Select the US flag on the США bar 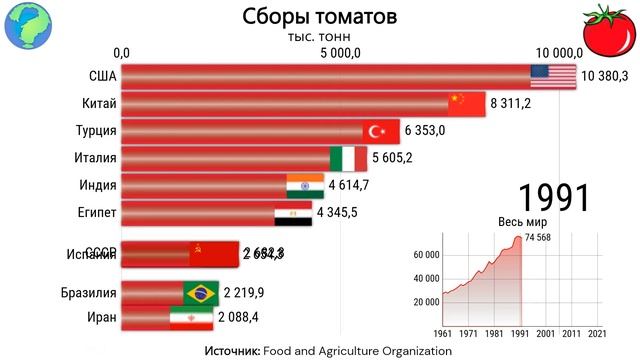coord(553,76)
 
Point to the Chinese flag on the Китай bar coord(467,103)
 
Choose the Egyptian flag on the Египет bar coord(292,212)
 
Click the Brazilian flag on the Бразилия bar coord(201,292)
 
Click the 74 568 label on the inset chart coord(546,237)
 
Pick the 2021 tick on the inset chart coord(597,332)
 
